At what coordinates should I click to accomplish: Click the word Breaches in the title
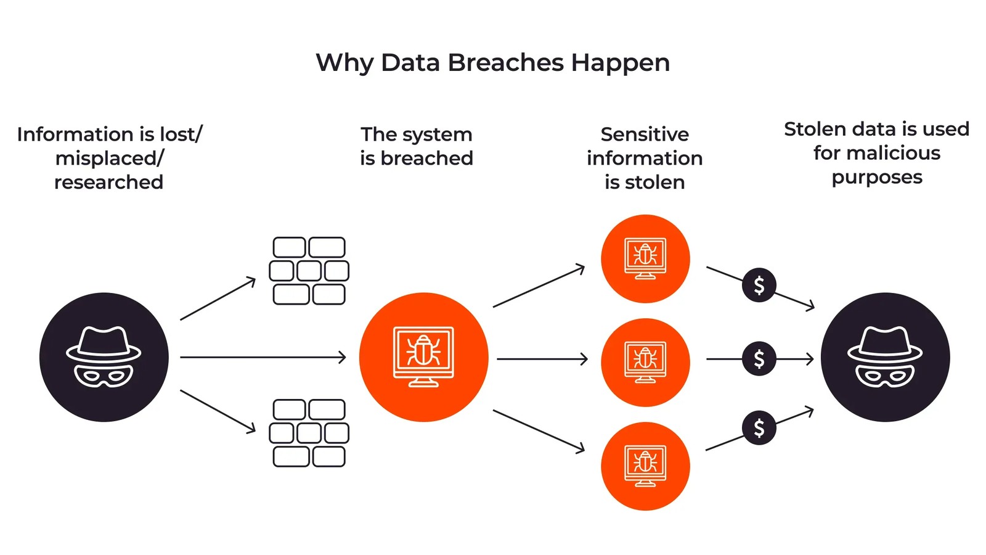point(505,63)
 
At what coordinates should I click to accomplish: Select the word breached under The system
point(426,158)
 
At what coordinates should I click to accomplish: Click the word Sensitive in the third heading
point(645,134)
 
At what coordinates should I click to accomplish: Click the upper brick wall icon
point(309,271)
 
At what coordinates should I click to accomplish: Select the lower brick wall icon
point(309,433)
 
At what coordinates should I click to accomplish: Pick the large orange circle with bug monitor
point(424,357)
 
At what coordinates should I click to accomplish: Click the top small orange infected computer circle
point(645,258)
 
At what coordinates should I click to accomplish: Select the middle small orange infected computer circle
point(645,362)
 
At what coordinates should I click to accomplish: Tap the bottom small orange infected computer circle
point(645,466)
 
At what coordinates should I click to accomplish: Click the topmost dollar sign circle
point(759,285)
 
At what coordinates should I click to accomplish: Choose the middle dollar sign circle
point(759,358)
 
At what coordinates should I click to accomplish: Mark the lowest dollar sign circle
point(759,427)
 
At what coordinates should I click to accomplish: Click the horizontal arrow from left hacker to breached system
point(263,357)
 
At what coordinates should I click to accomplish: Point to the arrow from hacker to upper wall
point(218,299)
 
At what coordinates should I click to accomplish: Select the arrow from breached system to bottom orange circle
point(539,431)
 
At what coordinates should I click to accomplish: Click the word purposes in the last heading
point(877,178)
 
